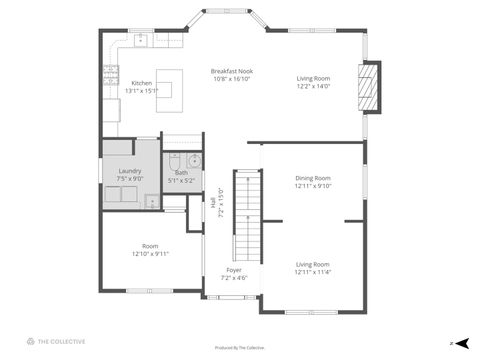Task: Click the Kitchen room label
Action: tap(141, 83)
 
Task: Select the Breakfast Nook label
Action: tap(231, 71)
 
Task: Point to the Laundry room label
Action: tap(130, 171)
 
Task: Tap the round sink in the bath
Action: tap(194, 162)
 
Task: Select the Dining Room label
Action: tap(313, 178)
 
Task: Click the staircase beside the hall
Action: tap(246, 215)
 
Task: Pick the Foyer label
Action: tap(234, 270)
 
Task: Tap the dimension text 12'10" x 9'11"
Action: tap(149, 254)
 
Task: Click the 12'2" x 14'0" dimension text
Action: tap(313, 86)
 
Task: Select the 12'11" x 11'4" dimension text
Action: tap(313, 272)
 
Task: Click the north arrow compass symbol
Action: tap(460, 343)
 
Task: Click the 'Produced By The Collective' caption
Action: tap(240, 347)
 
